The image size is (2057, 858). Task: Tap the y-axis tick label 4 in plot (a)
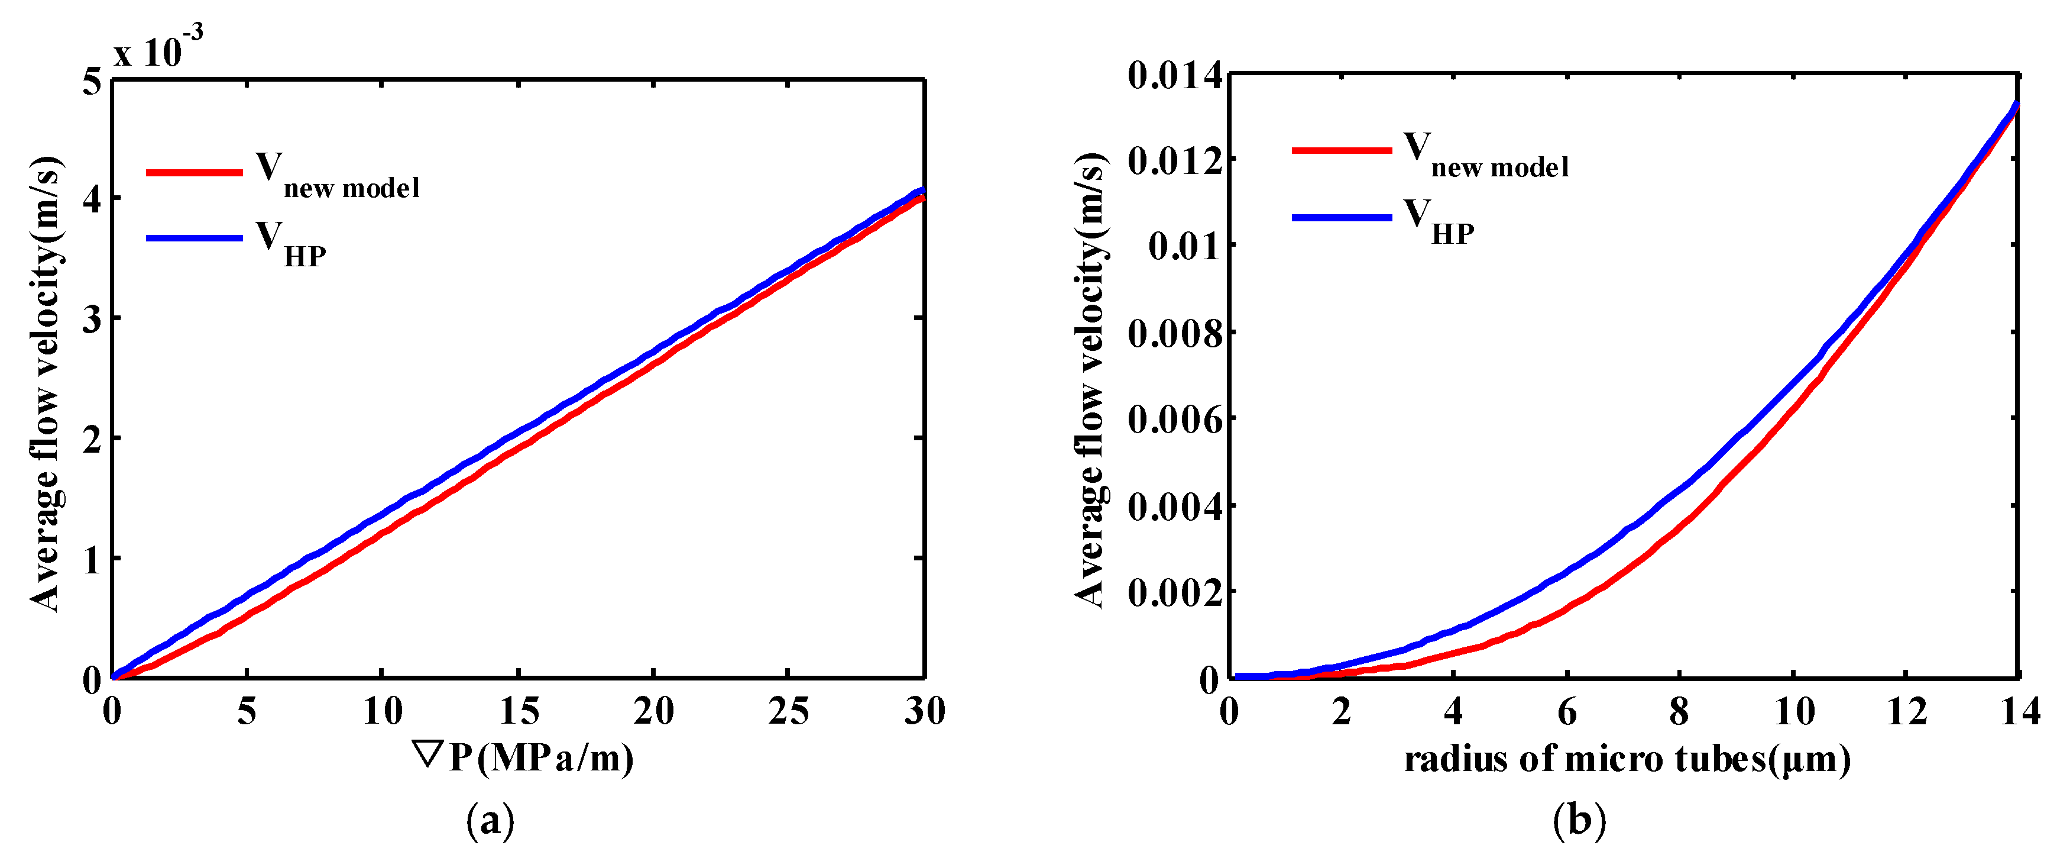click(93, 199)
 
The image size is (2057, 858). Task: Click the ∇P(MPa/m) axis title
click(523, 757)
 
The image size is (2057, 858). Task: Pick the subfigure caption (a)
click(490, 821)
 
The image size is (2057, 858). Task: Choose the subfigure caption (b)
click(1579, 821)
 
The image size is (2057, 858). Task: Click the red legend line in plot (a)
click(194, 173)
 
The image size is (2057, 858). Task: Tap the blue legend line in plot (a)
click(194, 238)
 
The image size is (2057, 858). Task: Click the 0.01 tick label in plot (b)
click(1185, 246)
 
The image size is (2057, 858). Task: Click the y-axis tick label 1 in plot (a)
click(93, 560)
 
